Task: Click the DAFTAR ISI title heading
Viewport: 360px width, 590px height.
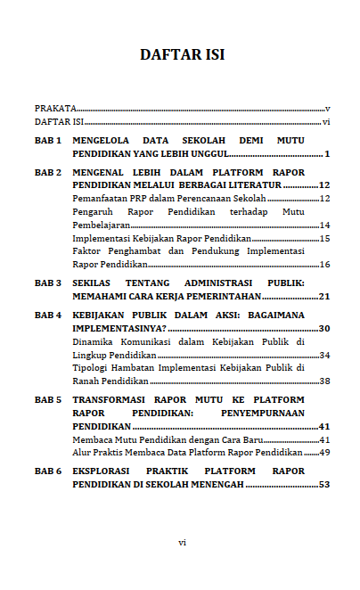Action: pos(182,55)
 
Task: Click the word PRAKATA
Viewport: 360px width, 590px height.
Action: pos(54,107)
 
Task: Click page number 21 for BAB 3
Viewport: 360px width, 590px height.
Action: pos(324,296)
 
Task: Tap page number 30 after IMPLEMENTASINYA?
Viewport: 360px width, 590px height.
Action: pos(324,329)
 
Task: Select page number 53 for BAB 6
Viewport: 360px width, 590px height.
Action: pos(324,484)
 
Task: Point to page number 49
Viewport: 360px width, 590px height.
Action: pos(324,453)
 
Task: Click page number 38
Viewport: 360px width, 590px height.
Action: pos(324,381)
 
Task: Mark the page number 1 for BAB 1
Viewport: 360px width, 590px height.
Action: pos(327,154)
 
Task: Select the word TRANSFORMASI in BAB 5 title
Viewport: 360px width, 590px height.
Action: pos(110,400)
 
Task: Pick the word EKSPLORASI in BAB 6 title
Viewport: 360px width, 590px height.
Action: pos(103,471)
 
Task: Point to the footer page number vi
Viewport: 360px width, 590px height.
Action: pos(181,541)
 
